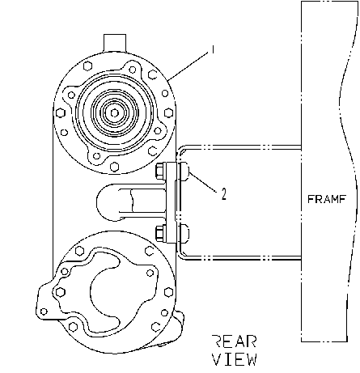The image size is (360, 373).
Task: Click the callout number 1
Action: tap(213, 49)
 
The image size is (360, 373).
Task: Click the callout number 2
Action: tap(224, 193)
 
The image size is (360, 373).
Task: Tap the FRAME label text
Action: tap(326, 199)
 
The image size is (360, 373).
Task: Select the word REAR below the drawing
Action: tap(234, 341)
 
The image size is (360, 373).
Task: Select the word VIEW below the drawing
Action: tap(234, 359)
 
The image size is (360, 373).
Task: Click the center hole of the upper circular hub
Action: tap(115, 113)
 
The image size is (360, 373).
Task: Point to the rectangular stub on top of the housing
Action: tap(115, 43)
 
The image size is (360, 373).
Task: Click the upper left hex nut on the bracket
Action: tap(160, 172)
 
